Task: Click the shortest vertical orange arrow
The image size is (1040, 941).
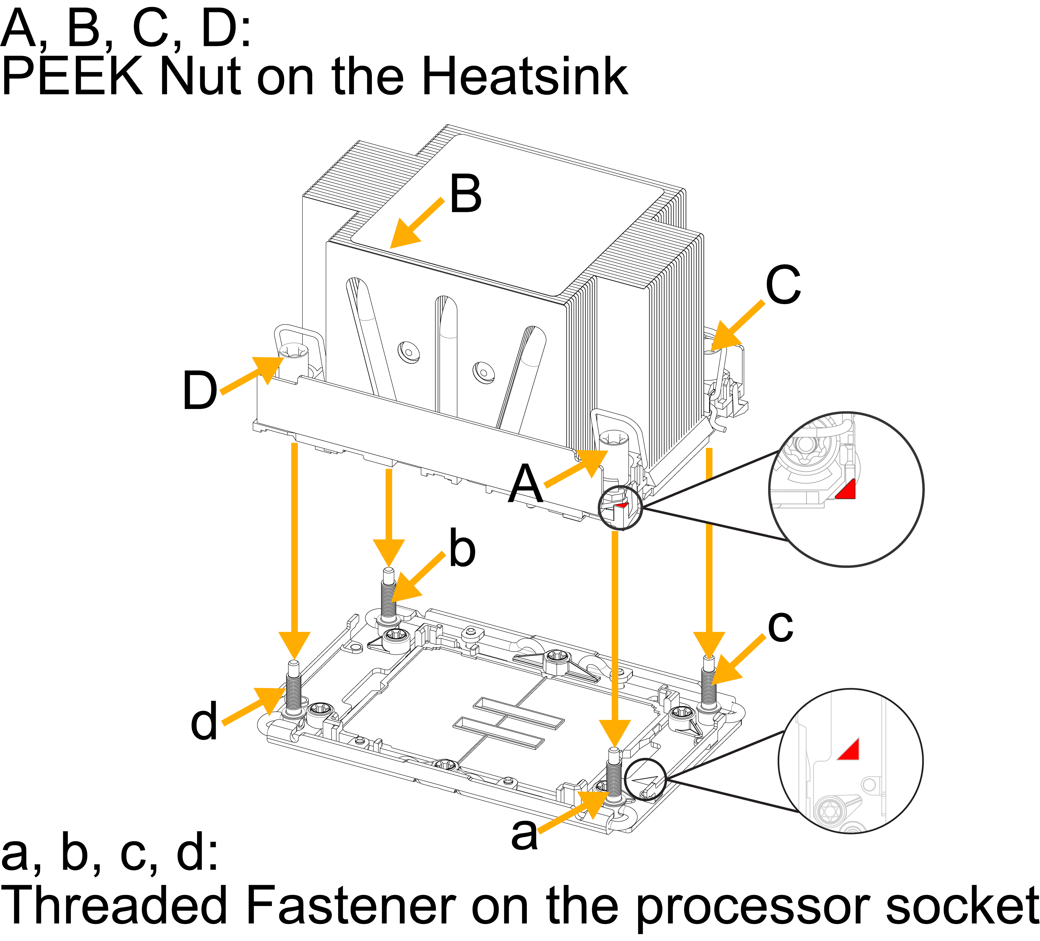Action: [389, 516]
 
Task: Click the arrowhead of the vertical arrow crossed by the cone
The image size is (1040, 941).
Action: [709, 645]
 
